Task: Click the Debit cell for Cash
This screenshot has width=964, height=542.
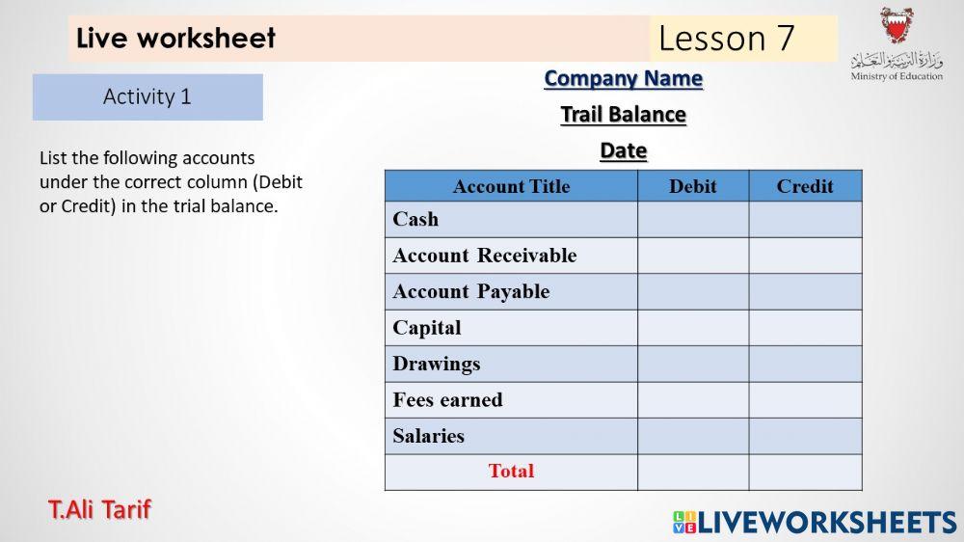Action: [x=693, y=220]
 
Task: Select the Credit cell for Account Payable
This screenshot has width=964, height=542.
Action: [x=806, y=291]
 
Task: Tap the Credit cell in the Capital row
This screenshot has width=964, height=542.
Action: [x=806, y=328]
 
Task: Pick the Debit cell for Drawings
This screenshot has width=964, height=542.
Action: [x=693, y=364]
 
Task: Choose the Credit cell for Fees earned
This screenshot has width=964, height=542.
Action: [x=806, y=400]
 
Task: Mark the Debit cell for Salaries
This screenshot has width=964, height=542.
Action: [x=693, y=436]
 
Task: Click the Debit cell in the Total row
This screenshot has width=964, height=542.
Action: [x=693, y=472]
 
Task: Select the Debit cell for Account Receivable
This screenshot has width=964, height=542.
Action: [x=693, y=256]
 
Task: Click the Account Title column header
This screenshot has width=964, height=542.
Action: [x=511, y=186]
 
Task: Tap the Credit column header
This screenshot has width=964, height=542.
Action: [x=805, y=186]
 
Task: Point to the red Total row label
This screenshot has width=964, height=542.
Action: [x=511, y=472]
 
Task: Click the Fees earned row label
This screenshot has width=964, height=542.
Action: [x=447, y=400]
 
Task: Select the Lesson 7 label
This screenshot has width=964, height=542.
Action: [x=727, y=39]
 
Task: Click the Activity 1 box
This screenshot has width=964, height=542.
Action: [x=147, y=97]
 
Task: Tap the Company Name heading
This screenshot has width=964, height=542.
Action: [x=623, y=79]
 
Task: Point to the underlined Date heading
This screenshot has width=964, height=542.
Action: [x=623, y=151]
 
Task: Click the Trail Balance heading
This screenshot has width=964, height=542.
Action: [x=623, y=115]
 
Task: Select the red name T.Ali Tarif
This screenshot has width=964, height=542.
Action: [x=99, y=509]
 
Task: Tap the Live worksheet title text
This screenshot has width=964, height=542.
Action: [x=175, y=39]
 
